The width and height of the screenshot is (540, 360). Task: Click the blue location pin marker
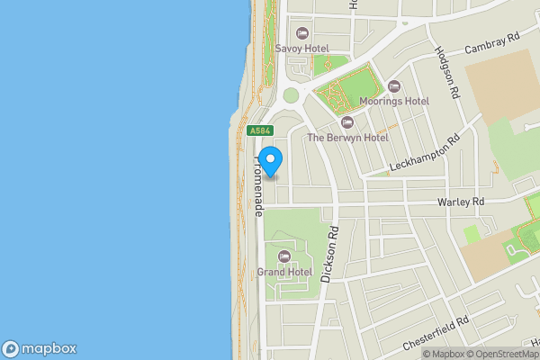click(x=271, y=158)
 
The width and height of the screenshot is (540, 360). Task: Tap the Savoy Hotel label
click(x=302, y=49)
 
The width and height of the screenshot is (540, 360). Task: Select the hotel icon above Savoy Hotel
click(x=302, y=33)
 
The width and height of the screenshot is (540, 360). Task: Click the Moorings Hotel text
click(x=393, y=102)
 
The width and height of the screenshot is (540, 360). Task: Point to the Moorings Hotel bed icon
click(x=393, y=86)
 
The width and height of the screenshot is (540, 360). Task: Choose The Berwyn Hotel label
click(x=347, y=138)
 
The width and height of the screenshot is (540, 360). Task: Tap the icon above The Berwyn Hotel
click(x=347, y=122)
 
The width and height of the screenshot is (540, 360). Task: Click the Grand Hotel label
click(x=285, y=272)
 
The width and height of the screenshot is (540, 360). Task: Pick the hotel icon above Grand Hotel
click(x=285, y=256)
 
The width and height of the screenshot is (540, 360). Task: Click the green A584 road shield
click(x=260, y=130)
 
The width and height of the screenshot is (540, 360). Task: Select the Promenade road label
click(x=259, y=184)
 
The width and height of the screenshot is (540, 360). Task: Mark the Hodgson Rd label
click(x=447, y=73)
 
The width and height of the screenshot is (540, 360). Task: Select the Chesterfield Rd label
click(x=436, y=333)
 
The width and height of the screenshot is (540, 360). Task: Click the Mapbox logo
click(x=40, y=349)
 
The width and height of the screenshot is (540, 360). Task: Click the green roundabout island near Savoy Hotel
click(x=291, y=95)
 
